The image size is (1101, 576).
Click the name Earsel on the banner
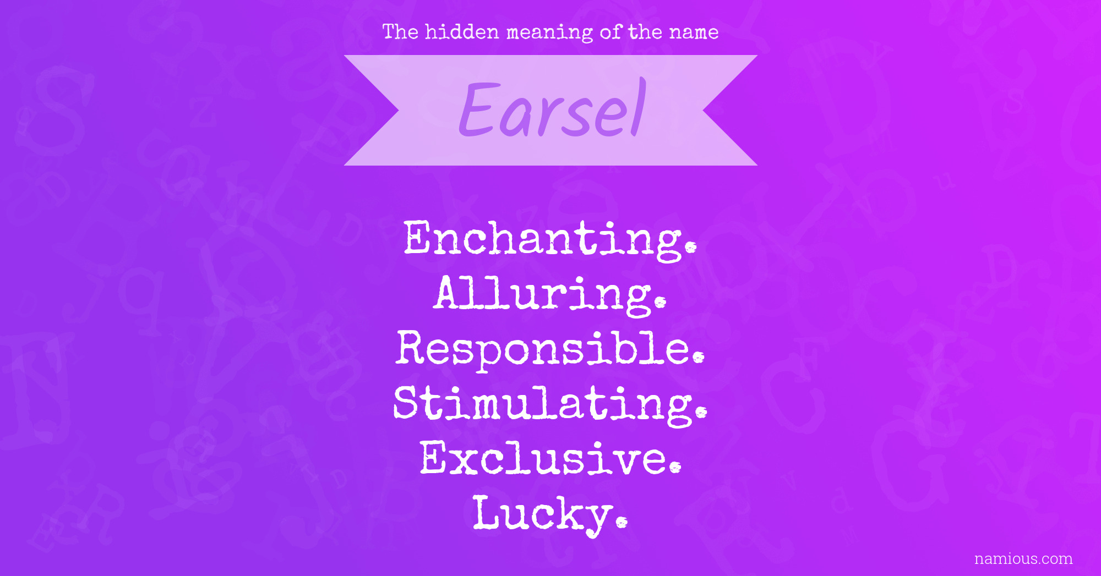(x=552, y=108)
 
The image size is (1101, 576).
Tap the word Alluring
(x=550, y=295)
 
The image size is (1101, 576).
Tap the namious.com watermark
(x=1023, y=558)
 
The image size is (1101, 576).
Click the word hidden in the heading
(x=462, y=31)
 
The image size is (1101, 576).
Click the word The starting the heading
(x=400, y=31)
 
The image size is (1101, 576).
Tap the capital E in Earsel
(x=479, y=108)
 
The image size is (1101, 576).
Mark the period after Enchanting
(x=691, y=246)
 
